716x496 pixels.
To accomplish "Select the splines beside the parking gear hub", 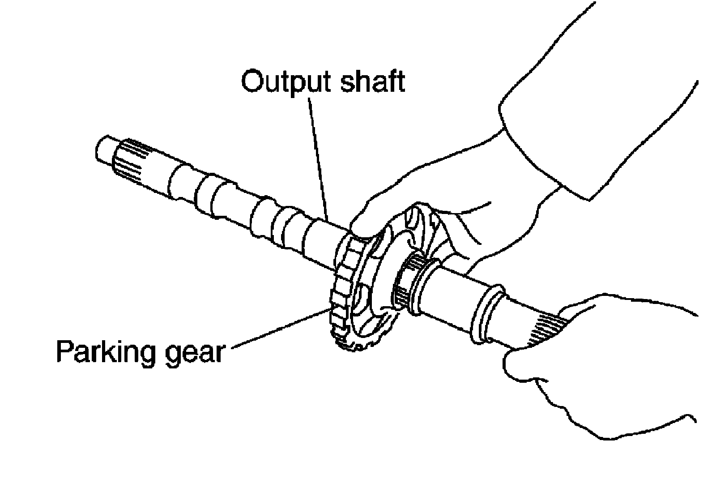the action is point(405,282).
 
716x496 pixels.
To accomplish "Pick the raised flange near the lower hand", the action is point(486,313).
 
